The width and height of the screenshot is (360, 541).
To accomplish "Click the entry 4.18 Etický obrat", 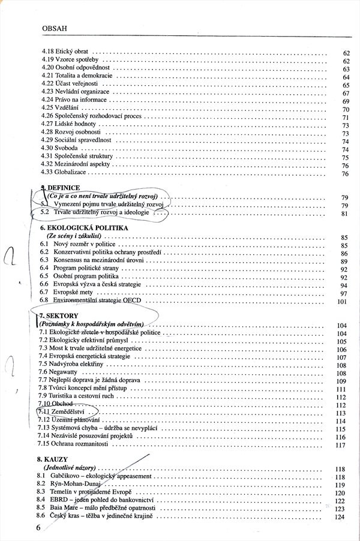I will [67, 52].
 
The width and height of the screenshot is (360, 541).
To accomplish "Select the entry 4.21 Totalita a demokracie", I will [77, 77].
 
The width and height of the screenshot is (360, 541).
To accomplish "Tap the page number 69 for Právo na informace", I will [346, 102].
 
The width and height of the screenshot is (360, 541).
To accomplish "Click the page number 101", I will [343, 302].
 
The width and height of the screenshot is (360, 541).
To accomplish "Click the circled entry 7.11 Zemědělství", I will [68, 413].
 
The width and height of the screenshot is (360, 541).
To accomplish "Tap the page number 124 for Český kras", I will [343, 516].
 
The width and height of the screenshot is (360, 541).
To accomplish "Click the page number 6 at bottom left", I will [38, 528].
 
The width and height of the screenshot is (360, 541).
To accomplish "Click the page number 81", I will [345, 214].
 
